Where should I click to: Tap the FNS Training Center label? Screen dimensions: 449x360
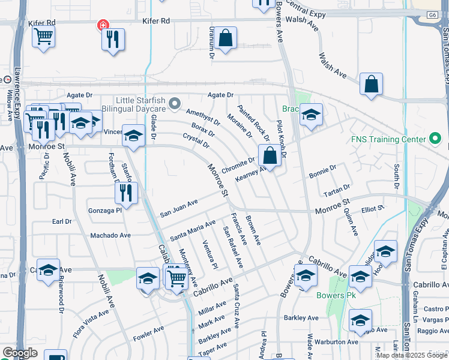[390, 140]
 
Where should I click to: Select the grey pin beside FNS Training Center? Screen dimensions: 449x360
[436, 139]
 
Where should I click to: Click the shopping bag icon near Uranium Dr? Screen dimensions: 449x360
[226, 39]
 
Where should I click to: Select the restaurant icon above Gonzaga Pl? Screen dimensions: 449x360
[127, 193]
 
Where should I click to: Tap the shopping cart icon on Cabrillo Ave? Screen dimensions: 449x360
[176, 278]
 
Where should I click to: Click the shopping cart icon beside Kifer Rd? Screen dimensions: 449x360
[43, 37]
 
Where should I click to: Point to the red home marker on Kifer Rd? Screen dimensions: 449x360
[103, 25]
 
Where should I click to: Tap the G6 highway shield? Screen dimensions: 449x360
[432, 14]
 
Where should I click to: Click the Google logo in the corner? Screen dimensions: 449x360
[20, 353]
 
